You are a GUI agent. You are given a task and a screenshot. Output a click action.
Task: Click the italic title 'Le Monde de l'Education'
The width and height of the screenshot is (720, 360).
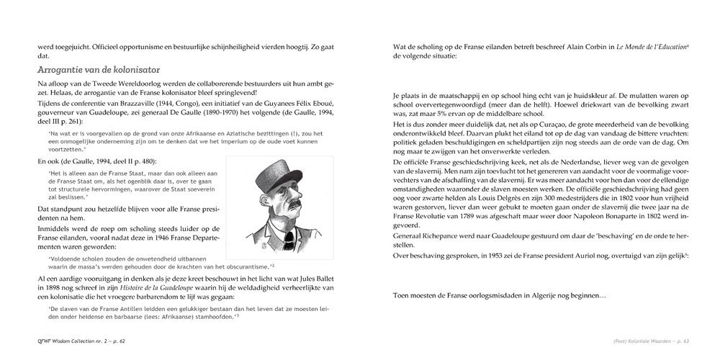pos(648,47)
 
